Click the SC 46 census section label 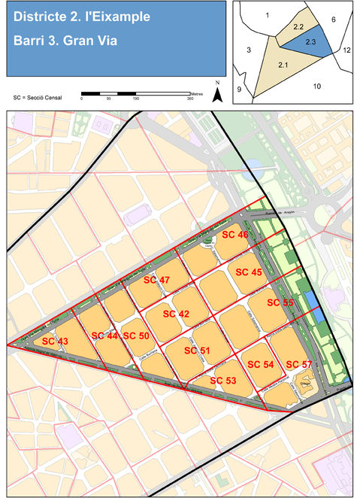tap(234, 235)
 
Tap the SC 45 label tap(249, 272)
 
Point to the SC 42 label tap(176, 314)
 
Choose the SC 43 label tap(55, 342)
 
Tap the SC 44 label tap(104, 336)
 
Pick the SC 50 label tap(136, 336)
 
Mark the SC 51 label tap(195, 351)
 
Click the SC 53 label tap(223, 381)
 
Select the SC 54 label tap(259, 364)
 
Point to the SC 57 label tap(299, 364)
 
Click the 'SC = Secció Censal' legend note tap(38, 98)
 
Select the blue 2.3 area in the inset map tap(310, 43)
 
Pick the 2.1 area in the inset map tap(283, 66)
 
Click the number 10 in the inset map tap(317, 87)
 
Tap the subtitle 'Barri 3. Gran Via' tap(62, 41)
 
